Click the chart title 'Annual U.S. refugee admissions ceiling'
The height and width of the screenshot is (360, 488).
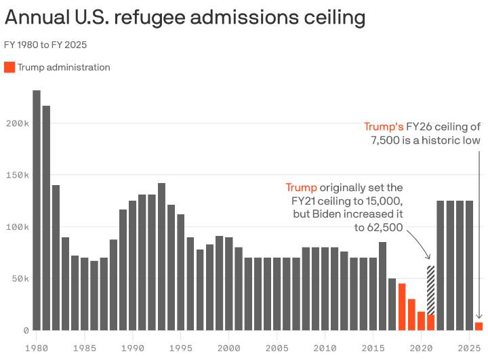pyautogui.click(x=184, y=18)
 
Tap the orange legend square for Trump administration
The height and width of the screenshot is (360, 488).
pyautogui.click(x=9, y=67)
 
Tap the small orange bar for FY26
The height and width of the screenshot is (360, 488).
pyautogui.click(x=479, y=326)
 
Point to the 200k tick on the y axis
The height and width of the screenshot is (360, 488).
pyautogui.click(x=18, y=123)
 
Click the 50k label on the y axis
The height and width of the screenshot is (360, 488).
pyautogui.click(x=20, y=279)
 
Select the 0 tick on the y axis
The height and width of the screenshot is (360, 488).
pyautogui.click(x=26, y=330)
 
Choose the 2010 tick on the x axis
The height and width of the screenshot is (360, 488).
pyautogui.click(x=325, y=348)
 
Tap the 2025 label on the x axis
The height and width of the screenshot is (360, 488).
pyautogui.click(x=469, y=348)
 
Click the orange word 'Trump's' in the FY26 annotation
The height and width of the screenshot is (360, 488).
pyautogui.click(x=384, y=127)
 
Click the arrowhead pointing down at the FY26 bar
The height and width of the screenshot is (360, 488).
pyautogui.click(x=479, y=316)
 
